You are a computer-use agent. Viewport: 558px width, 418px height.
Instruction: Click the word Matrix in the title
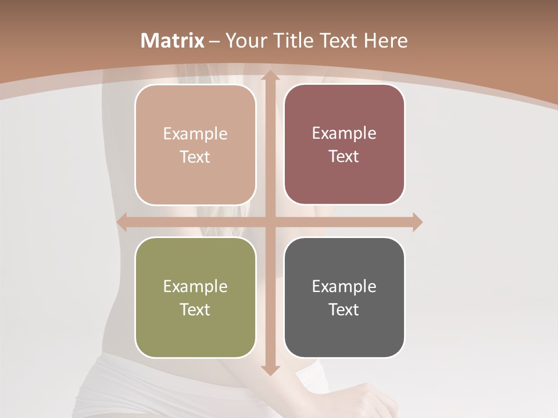point(173,41)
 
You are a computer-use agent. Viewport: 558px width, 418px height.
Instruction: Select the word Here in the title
point(385,41)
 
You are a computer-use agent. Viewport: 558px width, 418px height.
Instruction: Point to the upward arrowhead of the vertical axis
point(270,77)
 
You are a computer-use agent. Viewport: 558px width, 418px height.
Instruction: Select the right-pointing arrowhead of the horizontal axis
point(416,222)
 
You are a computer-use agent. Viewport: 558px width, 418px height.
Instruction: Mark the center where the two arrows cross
point(270,222)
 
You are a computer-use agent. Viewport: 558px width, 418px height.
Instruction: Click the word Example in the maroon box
point(344,133)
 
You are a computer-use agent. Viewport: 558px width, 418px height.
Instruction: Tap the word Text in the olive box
point(195,309)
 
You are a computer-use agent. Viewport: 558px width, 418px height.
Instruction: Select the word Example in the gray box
point(344,286)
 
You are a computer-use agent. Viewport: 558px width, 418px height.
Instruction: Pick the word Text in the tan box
point(195,157)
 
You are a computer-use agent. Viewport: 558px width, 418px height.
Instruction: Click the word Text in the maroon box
point(344,156)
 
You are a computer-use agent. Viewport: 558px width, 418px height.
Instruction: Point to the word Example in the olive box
point(195,286)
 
